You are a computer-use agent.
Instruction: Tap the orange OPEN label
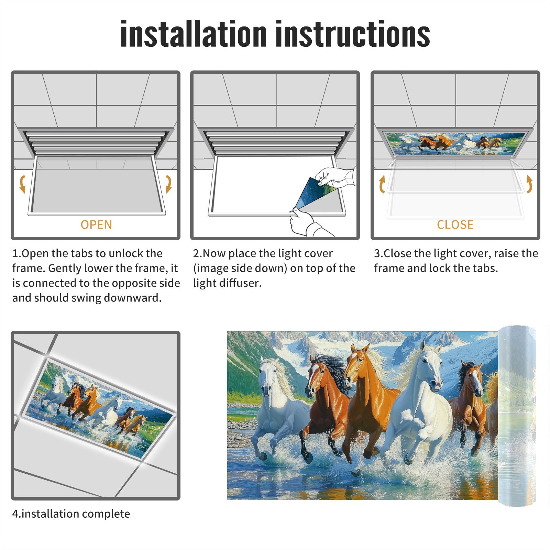(96, 224)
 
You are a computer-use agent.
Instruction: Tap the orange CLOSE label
(455, 224)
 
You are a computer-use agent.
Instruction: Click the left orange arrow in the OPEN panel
(23, 184)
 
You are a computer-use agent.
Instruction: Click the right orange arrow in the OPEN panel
(168, 184)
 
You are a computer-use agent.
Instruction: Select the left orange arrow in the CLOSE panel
(382, 184)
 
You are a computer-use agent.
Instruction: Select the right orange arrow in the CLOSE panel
(529, 184)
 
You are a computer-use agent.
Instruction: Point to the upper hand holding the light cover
(335, 177)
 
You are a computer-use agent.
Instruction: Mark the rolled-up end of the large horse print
(517, 416)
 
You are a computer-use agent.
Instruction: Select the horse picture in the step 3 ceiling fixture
(455, 143)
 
